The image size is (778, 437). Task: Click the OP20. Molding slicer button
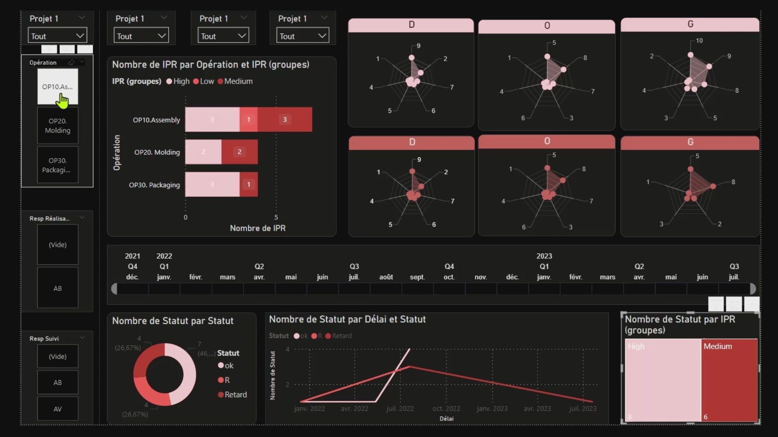pyautogui.click(x=58, y=125)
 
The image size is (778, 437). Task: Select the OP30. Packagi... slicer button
pyautogui.click(x=58, y=165)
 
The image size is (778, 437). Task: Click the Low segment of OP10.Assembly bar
pyautogui.click(x=248, y=119)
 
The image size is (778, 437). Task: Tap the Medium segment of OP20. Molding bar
pyautogui.click(x=239, y=152)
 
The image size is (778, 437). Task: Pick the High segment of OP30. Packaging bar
pyautogui.click(x=212, y=185)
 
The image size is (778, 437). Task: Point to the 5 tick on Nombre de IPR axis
pyautogui.click(x=276, y=217)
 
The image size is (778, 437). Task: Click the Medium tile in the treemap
pyautogui.click(x=729, y=380)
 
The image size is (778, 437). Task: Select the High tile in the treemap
pyautogui.click(x=663, y=380)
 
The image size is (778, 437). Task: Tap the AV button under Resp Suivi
pyautogui.click(x=58, y=409)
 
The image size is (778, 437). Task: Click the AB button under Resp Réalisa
pyautogui.click(x=58, y=288)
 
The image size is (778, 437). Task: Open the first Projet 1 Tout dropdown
pyautogui.click(x=57, y=36)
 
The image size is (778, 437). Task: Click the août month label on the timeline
pyautogui.click(x=386, y=277)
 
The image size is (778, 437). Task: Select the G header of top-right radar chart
pyautogui.click(x=690, y=24)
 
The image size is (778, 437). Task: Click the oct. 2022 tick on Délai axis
pyautogui.click(x=446, y=409)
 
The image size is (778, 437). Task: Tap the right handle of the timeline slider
pyautogui.click(x=752, y=289)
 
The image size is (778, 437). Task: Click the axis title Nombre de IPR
pyautogui.click(x=258, y=228)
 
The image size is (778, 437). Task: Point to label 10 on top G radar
pyautogui.click(x=699, y=41)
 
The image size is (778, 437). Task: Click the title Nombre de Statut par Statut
pyautogui.click(x=173, y=321)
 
